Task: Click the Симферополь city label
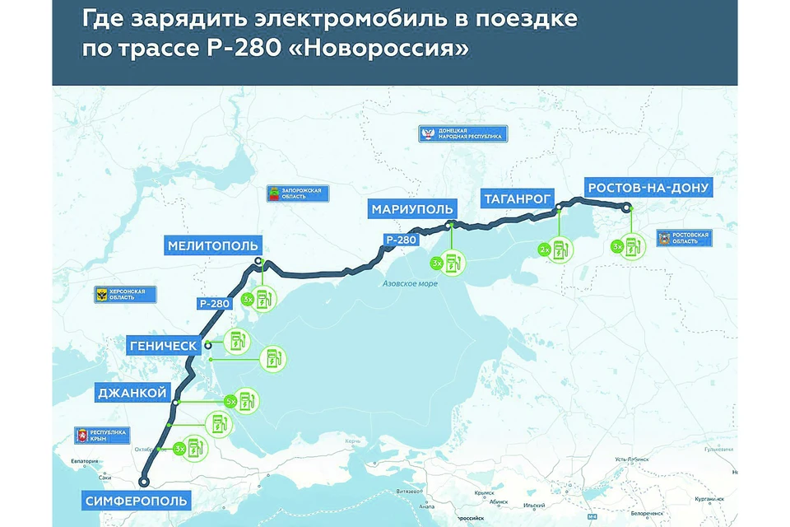tap(137, 500)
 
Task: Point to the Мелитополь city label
tap(213, 245)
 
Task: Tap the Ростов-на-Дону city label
tap(648, 188)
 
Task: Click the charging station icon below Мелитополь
tap(264, 299)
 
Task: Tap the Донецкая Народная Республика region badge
tap(462, 133)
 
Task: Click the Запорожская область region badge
tap(295, 194)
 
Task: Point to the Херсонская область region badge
tap(125, 295)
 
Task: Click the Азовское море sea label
tap(410, 284)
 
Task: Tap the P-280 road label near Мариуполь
tap(401, 240)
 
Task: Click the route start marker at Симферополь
tap(144, 483)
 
